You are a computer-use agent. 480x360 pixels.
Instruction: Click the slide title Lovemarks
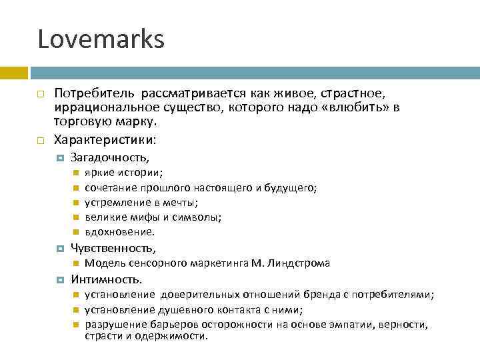pos(101,40)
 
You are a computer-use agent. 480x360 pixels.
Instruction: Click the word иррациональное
pos(95,108)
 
